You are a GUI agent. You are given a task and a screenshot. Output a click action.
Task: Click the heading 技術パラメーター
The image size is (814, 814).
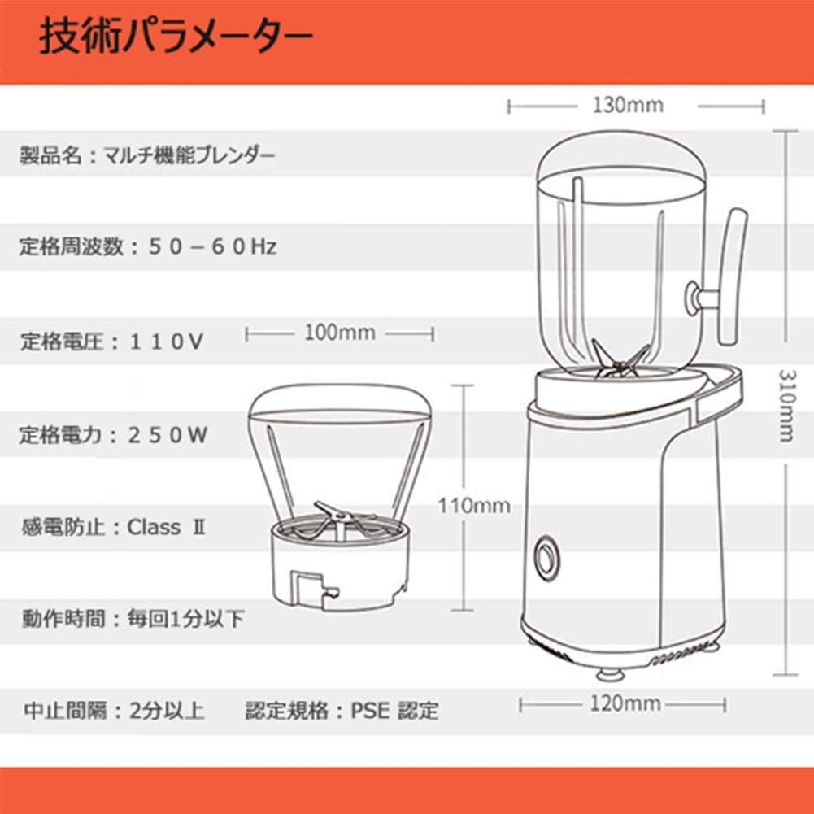click(x=176, y=38)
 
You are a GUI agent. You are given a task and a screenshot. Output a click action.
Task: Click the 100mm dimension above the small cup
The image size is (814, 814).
click(x=339, y=333)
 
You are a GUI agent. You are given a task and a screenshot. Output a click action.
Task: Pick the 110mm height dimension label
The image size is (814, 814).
click(x=474, y=506)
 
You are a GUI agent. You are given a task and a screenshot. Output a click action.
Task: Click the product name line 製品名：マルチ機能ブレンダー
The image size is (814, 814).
click(x=146, y=155)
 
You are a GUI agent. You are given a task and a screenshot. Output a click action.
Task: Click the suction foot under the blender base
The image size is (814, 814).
click(x=611, y=674)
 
